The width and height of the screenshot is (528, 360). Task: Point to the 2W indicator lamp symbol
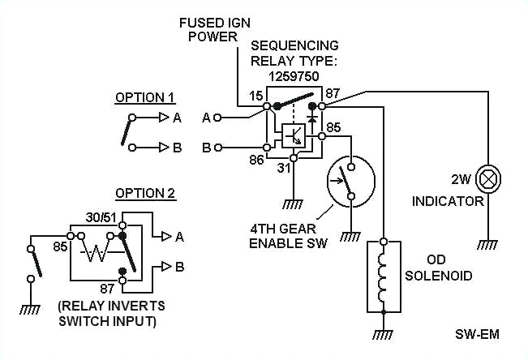[x=488, y=177]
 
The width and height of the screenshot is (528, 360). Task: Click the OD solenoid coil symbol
[x=384, y=276]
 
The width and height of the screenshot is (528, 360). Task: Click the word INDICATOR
[x=448, y=201]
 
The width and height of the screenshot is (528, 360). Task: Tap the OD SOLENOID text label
[x=438, y=269]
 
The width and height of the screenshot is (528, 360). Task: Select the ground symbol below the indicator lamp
[x=488, y=244]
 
